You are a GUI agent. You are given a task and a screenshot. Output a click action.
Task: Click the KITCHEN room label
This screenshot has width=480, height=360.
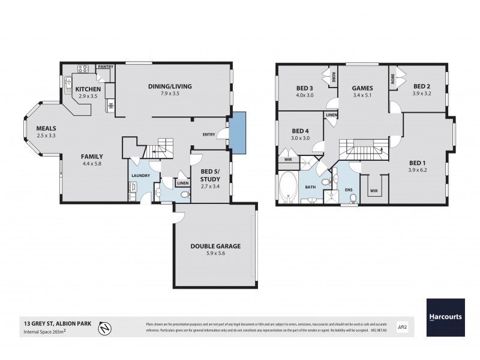point(88,89)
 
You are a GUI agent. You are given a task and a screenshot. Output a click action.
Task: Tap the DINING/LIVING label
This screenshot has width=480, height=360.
point(170,86)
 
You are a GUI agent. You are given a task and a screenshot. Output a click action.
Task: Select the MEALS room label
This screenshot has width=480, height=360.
point(46,128)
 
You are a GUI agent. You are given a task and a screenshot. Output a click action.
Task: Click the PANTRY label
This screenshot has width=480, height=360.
point(106,67)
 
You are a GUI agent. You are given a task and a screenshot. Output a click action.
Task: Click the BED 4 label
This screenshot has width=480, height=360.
point(301,131)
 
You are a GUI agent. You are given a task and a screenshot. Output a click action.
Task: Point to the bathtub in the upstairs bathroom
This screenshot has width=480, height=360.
point(288,187)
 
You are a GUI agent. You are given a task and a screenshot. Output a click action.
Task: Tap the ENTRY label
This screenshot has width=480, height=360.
point(209,135)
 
